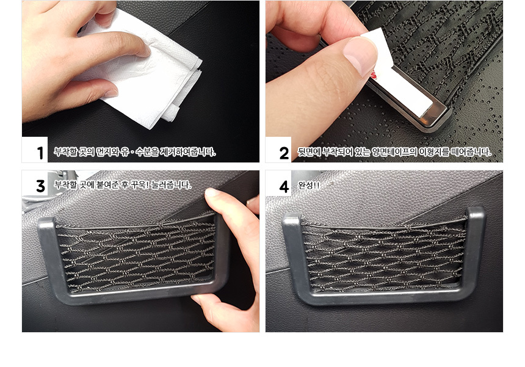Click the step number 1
[40, 153]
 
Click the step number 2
[284, 153]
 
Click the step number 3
[40, 186]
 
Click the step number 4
[284, 186]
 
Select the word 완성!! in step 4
[309, 185]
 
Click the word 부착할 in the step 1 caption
[66, 152]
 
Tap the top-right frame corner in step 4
[481, 210]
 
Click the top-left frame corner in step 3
[46, 222]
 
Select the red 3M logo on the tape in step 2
[374, 74]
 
